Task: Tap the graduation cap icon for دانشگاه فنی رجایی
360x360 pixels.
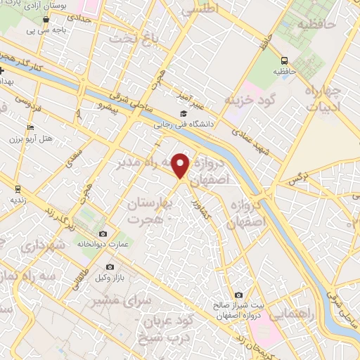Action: [x=184, y=114]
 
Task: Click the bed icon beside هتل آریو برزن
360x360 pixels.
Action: [x=30, y=127]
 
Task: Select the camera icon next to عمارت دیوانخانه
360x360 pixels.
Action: [x=103, y=233]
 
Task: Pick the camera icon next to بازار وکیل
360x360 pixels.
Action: [x=110, y=267]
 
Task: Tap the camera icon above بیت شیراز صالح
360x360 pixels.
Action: [x=238, y=295]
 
